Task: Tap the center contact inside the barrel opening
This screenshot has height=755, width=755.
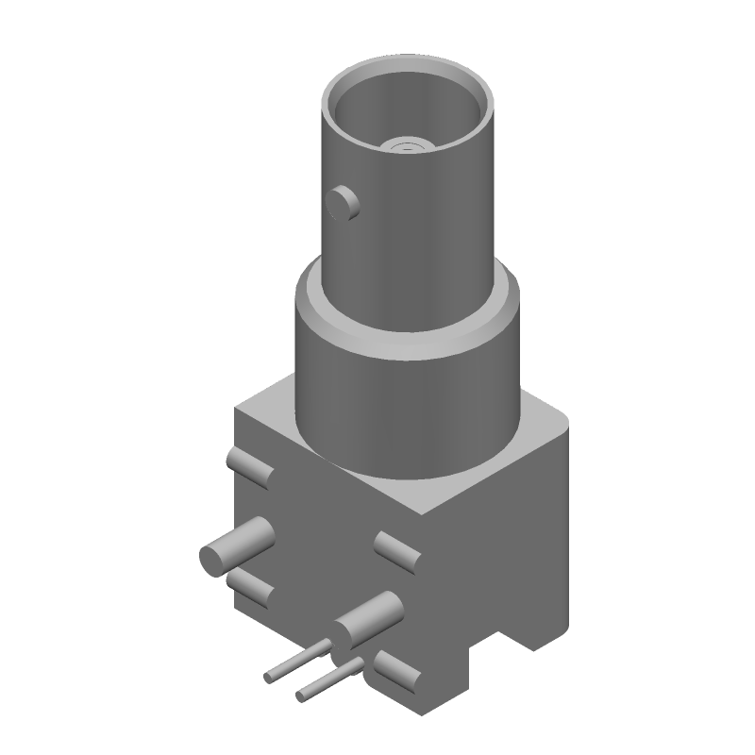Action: (x=408, y=145)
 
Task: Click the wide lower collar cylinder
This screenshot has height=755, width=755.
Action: (x=406, y=396)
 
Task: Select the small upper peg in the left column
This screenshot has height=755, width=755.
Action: (x=249, y=467)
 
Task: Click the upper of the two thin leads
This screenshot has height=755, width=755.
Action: (x=298, y=662)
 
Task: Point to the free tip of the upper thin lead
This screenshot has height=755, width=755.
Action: (x=269, y=678)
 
